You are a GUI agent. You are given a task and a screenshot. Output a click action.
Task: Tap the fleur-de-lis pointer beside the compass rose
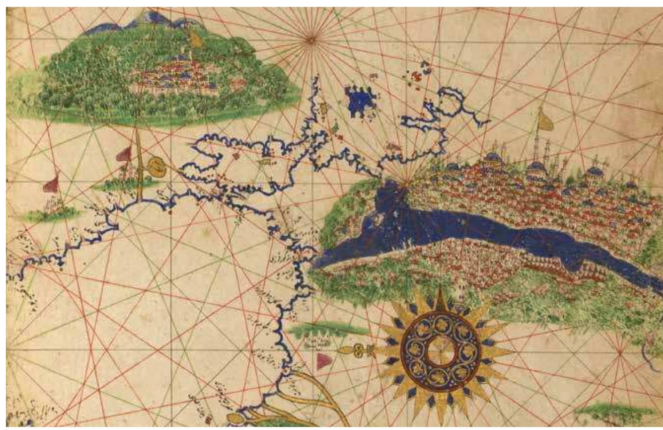[358, 349]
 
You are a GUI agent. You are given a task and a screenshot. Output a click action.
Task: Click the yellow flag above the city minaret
[545, 121]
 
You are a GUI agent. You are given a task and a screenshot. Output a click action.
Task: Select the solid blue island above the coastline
[360, 101]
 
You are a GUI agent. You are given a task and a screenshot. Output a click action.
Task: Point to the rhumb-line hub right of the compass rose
[620, 352]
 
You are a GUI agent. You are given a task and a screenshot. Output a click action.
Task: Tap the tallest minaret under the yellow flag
[540, 148]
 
